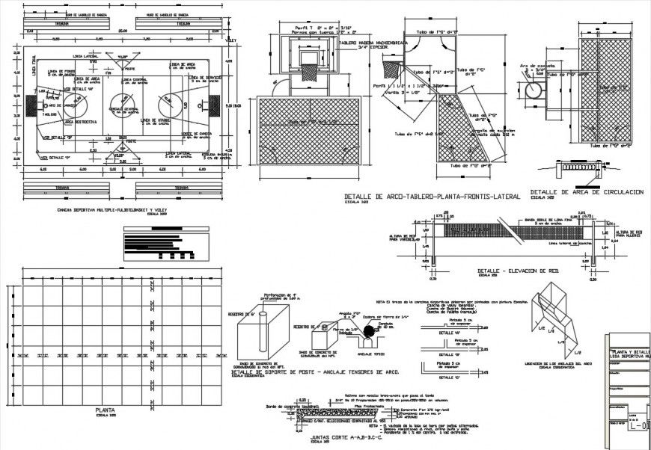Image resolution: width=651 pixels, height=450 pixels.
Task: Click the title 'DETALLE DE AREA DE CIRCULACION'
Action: click(586, 193)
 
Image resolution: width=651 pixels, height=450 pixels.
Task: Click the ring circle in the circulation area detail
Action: click(537, 90)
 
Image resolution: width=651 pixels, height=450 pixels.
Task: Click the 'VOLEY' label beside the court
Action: click(231, 41)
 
